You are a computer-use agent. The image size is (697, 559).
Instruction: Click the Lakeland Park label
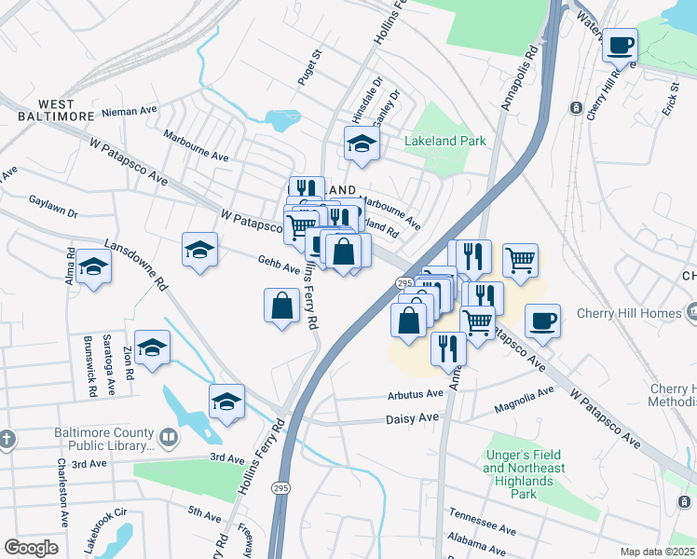[445, 142]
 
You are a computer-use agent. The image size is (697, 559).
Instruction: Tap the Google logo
[31, 548]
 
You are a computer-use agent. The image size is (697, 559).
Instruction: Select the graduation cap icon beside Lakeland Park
[362, 143]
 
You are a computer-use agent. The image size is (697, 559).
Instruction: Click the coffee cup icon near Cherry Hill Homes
[541, 322]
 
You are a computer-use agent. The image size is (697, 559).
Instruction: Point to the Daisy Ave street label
[411, 420]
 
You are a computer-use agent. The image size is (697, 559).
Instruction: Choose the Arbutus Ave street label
[416, 394]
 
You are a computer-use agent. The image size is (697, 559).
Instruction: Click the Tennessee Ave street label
[482, 522]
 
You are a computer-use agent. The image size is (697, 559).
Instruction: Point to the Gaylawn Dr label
[53, 207]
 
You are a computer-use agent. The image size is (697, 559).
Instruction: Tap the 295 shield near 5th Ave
[280, 487]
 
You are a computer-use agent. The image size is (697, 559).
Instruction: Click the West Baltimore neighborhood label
[55, 110]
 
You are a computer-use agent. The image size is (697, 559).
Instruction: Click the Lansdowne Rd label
[136, 265]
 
